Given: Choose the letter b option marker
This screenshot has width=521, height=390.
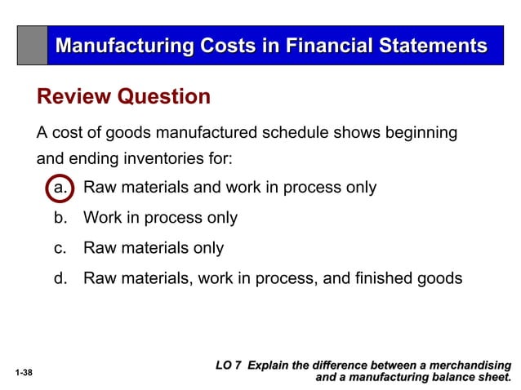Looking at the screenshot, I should tap(60, 218).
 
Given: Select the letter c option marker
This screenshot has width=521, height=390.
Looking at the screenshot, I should tap(60, 248).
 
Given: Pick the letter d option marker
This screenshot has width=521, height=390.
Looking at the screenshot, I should tap(60, 278).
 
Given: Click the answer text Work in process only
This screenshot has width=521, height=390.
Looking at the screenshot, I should tap(161, 218).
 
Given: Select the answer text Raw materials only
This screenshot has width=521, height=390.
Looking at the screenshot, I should tap(154, 248).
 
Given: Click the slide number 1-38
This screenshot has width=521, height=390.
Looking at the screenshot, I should tap(24, 372).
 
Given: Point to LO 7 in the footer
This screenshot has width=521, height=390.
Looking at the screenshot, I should tap(228, 366).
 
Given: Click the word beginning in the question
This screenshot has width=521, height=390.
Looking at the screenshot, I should tap(416, 133).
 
